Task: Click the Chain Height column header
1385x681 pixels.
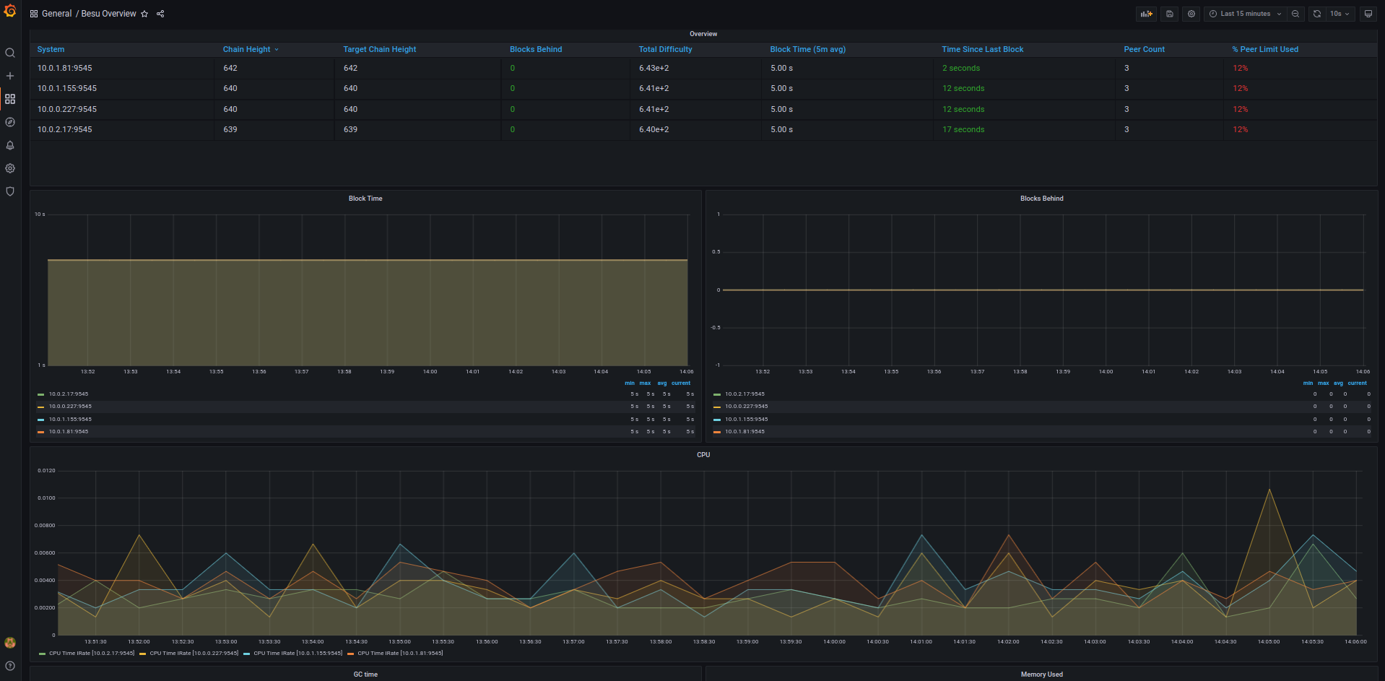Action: point(246,49)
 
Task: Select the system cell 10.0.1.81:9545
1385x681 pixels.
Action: point(65,68)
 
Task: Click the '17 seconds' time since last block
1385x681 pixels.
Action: point(963,129)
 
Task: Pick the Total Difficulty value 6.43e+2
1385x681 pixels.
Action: point(654,68)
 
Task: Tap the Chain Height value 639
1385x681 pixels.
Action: point(230,129)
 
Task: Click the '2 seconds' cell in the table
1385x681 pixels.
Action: point(960,68)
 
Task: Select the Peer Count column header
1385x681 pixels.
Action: point(1144,49)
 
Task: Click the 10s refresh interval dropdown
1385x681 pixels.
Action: point(1340,14)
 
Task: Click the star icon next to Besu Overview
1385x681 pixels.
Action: point(144,14)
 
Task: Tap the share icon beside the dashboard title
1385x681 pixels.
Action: point(160,14)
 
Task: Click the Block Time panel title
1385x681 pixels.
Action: point(365,199)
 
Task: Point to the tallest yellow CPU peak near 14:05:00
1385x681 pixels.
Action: point(1269,490)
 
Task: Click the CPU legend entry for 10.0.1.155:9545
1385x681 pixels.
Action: point(297,653)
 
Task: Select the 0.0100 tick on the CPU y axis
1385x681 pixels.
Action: point(46,498)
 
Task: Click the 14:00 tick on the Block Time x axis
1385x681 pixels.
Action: point(430,371)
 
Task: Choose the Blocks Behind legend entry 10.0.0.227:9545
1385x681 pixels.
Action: point(746,407)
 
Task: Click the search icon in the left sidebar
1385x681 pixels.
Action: point(10,53)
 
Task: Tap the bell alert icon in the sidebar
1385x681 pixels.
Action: point(10,145)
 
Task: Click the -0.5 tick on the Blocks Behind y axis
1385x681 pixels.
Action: point(715,327)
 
